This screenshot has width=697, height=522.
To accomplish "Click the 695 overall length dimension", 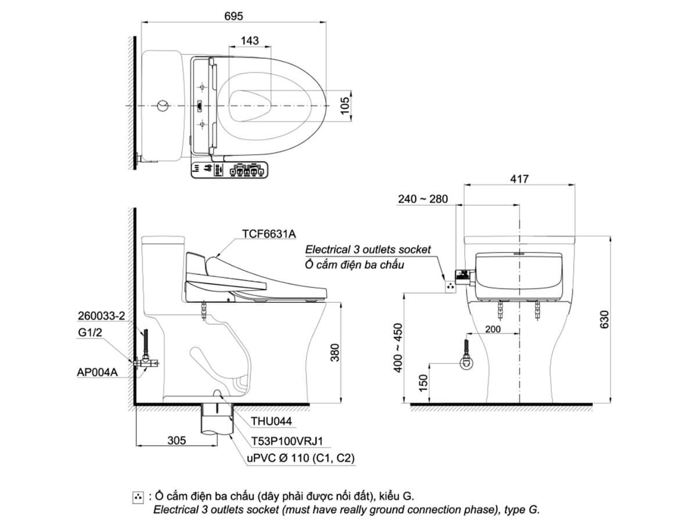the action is point(233,16).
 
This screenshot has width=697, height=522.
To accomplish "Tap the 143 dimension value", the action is point(250,41).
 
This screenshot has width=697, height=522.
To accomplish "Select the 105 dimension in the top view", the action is point(344,106).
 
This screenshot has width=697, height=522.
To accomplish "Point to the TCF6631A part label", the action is point(269,234).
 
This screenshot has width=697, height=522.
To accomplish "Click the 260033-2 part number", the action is point(102,316).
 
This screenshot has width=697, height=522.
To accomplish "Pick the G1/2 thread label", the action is point(90,332).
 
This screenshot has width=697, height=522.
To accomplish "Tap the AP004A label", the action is point(97,372).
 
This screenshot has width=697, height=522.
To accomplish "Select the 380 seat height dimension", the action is point(335,353).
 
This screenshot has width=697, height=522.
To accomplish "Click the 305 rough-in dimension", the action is point(177,440).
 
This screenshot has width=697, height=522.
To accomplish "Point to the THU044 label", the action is point(271,421).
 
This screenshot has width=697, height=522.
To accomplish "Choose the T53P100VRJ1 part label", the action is point(287,441).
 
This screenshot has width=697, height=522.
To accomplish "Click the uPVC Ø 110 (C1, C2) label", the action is point(300,458).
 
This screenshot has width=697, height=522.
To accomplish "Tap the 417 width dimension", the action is point(519,179).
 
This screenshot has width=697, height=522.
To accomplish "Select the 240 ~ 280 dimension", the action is point(423,199).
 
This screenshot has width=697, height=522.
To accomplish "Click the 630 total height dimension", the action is point(604,320).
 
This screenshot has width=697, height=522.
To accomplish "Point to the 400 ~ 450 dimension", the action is point(397,347).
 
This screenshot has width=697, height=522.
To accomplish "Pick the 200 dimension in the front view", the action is point(493,329).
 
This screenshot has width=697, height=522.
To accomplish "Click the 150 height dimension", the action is point(423,383).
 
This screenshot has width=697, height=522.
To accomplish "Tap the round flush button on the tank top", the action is point(163,106).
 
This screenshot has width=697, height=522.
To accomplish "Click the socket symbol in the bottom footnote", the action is point(138,497).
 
